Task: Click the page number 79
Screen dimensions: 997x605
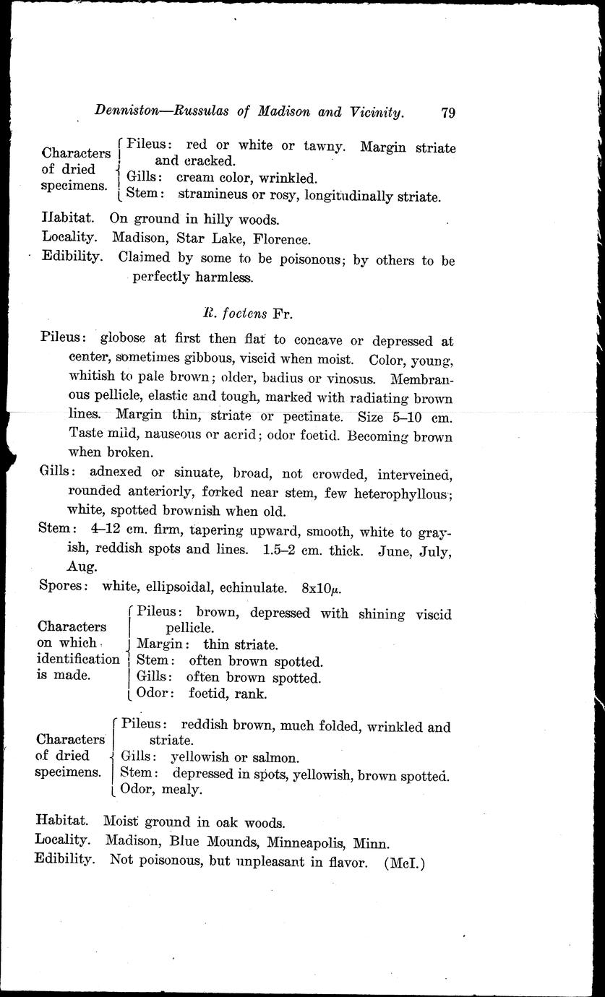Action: click(447, 112)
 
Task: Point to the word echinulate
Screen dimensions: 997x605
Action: click(258, 587)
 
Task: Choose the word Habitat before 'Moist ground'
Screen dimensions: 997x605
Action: click(63, 821)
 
